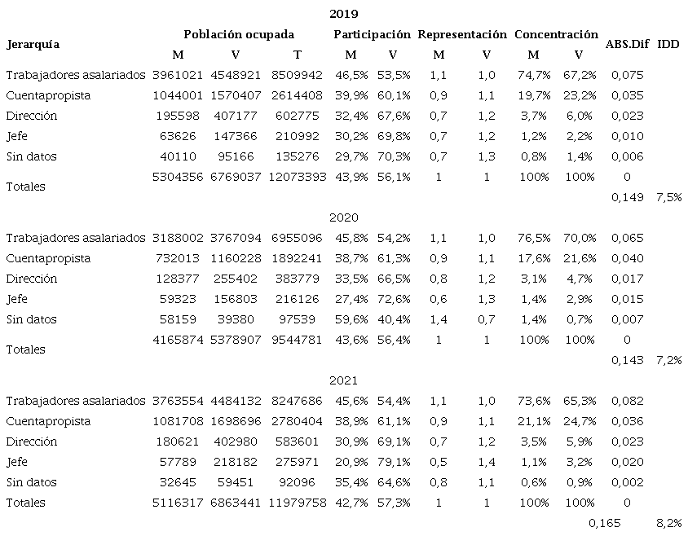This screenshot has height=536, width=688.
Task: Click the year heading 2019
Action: coord(343,14)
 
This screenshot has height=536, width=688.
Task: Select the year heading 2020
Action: coord(343,217)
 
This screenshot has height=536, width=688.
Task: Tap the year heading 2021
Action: coord(343,380)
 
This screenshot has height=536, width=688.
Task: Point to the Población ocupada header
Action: coord(239,34)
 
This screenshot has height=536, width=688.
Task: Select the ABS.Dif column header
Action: coord(627,44)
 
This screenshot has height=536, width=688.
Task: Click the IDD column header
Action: coord(668,44)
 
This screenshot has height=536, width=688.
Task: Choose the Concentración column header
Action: coord(556,34)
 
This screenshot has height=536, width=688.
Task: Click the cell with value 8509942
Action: coord(294,75)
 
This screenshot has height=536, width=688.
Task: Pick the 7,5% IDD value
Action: coord(668,197)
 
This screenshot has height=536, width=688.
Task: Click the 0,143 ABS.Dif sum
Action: coord(627,360)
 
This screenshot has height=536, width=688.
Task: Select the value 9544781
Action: coord(294,340)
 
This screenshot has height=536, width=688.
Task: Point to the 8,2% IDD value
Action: coord(668,523)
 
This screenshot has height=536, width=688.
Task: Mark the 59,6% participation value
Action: coord(351,319)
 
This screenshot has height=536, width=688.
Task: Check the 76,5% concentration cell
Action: coord(533,238)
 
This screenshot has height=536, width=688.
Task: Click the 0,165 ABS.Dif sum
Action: coord(604,523)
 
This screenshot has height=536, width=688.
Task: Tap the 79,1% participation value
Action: coord(393,462)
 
